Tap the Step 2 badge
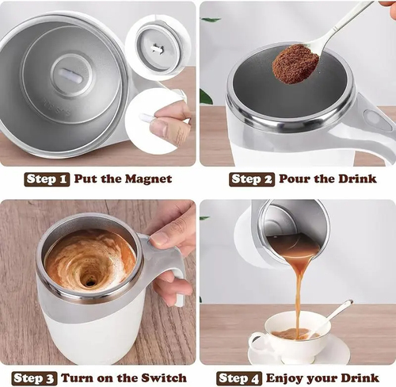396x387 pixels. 251,178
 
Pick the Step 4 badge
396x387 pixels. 241,377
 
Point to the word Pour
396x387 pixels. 294,178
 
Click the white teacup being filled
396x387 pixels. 286,333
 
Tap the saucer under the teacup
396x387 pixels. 325,354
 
